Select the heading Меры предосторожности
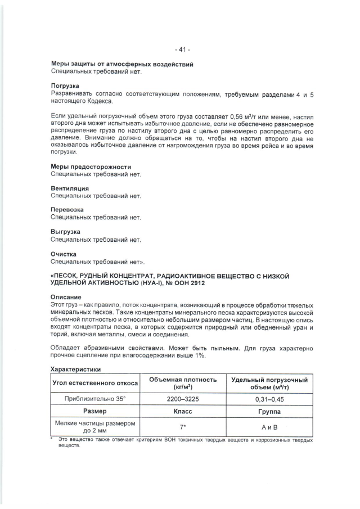pos(91,167)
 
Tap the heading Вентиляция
pos(70,188)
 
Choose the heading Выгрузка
pos(65,232)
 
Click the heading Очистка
pos(64,254)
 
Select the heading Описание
pos(66,297)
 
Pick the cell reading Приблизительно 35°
pos(95,398)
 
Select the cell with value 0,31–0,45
pos(268,398)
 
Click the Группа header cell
pos(268,411)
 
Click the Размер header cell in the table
pos(95,411)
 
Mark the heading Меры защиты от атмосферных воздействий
pos(122,65)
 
